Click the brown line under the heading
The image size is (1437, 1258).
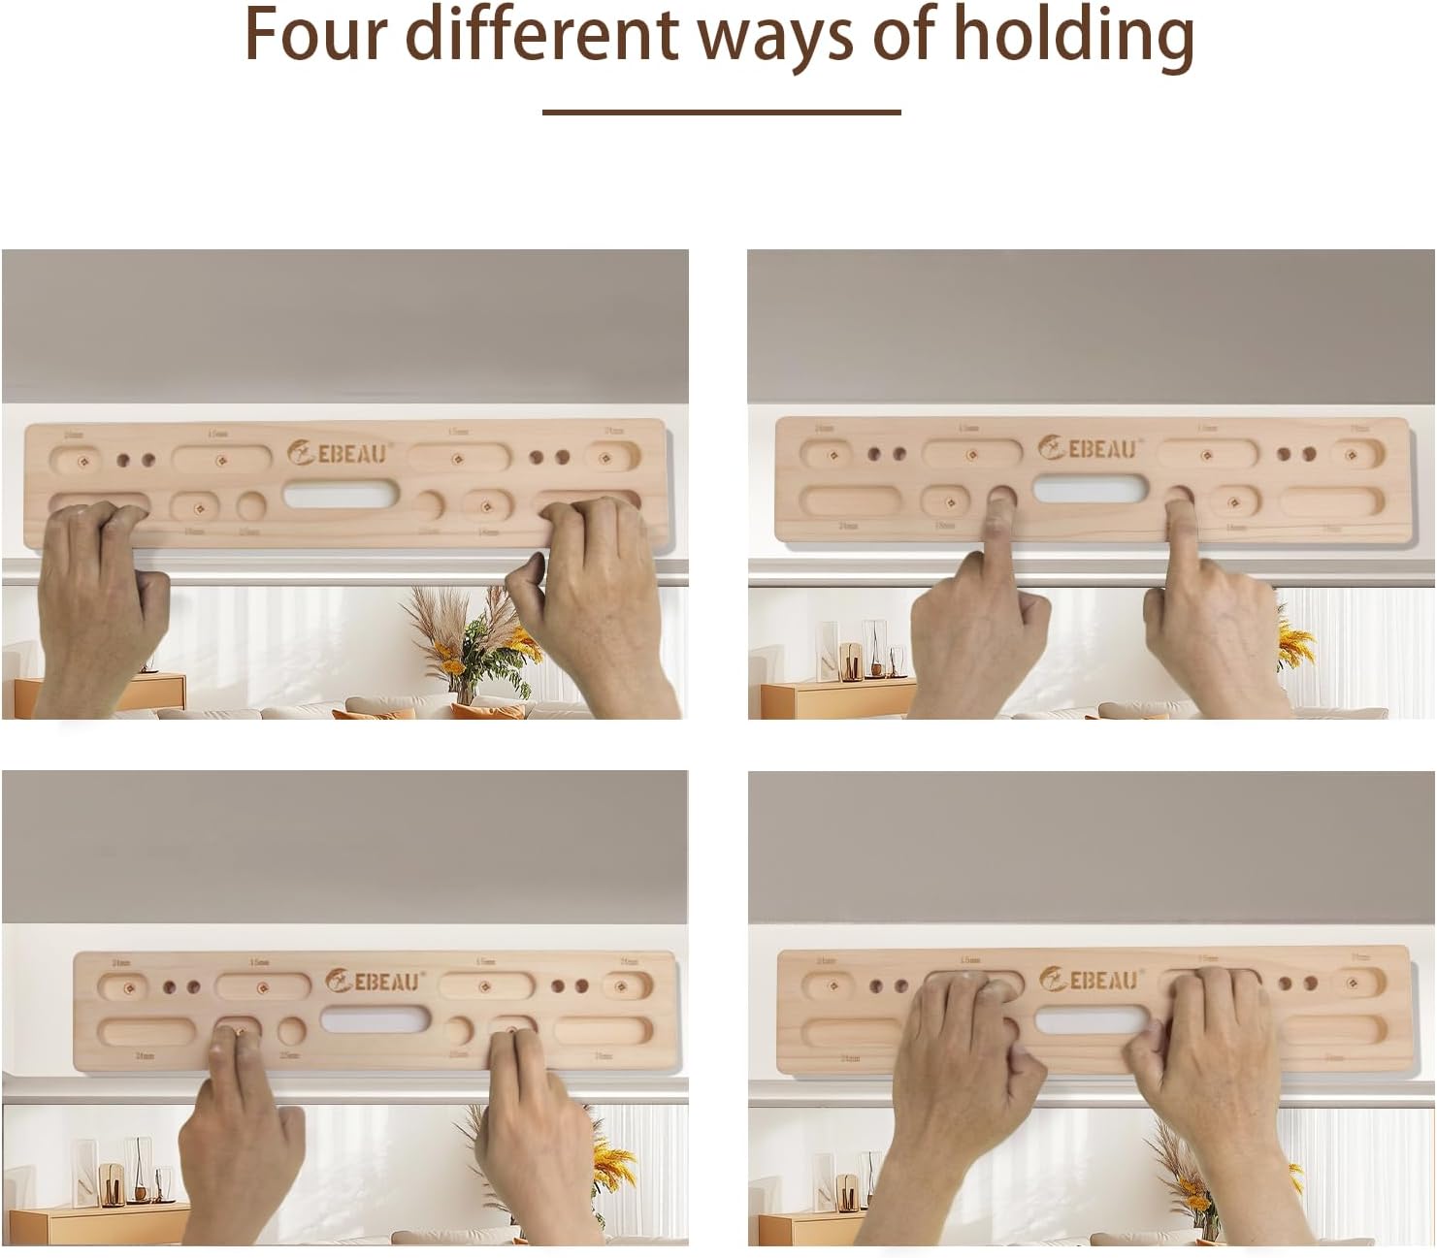tap(721, 113)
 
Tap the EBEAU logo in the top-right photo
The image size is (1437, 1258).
tap(1088, 448)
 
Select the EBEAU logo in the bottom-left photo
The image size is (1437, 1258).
tap(375, 981)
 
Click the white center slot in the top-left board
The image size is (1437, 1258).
tap(341, 496)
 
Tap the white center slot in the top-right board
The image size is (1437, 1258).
tap(1090, 489)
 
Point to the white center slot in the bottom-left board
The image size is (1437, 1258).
tap(375, 1019)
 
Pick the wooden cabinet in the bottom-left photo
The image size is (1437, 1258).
tap(97, 1223)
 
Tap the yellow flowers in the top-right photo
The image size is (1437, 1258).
tap(1296, 640)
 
